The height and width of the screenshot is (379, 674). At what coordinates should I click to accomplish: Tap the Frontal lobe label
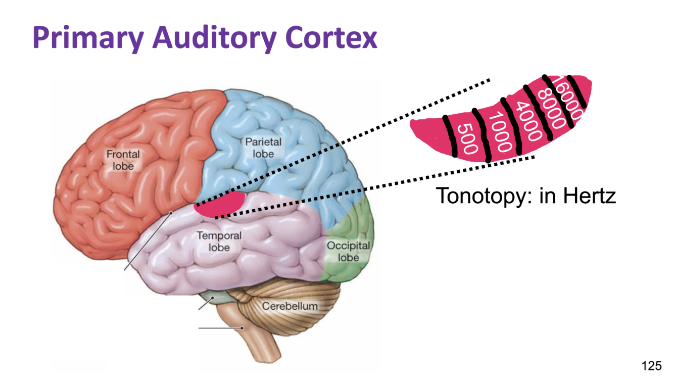click(123, 159)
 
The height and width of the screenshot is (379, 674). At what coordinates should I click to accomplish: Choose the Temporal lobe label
click(219, 242)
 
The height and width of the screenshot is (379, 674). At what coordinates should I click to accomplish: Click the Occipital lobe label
click(348, 252)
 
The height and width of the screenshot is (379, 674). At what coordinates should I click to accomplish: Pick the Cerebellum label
click(290, 306)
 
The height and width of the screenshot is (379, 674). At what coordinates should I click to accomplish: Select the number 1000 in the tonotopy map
click(500, 132)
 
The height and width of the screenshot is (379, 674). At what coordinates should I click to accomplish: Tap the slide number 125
click(651, 365)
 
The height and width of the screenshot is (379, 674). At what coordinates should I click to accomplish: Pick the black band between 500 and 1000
click(482, 135)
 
